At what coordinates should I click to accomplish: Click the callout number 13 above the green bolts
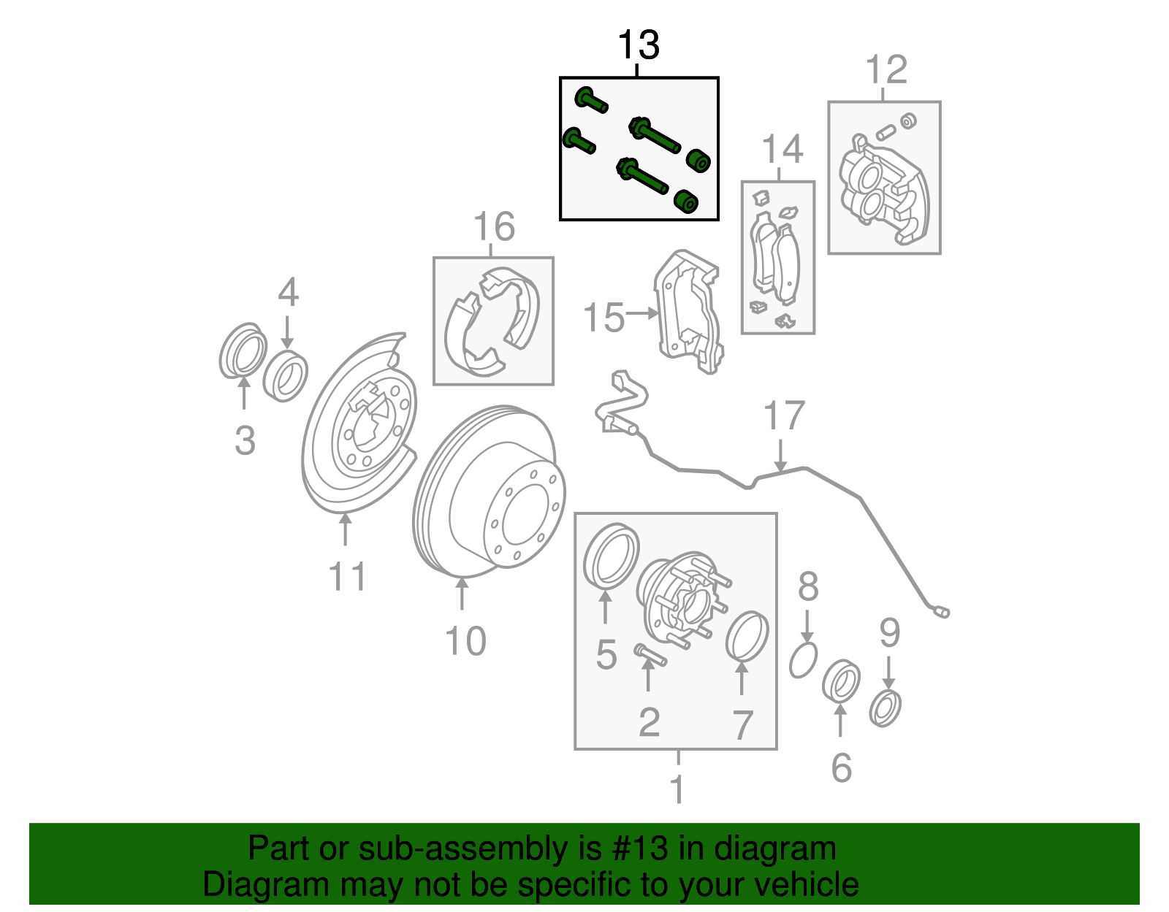pos(639,45)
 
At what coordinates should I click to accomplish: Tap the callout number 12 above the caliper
pos(886,70)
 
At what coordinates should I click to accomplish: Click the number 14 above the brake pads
pos(782,150)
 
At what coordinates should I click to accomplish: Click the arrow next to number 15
pos(642,313)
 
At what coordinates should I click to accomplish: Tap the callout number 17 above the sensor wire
pos(783,416)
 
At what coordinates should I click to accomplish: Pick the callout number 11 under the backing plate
pos(346,577)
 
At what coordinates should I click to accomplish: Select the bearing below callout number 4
pos(286,375)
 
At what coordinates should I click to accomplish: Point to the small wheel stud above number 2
pos(650,654)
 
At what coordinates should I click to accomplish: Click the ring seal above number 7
pos(747,636)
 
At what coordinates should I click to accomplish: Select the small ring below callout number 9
pos(885,708)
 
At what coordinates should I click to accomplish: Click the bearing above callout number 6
pos(841,681)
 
